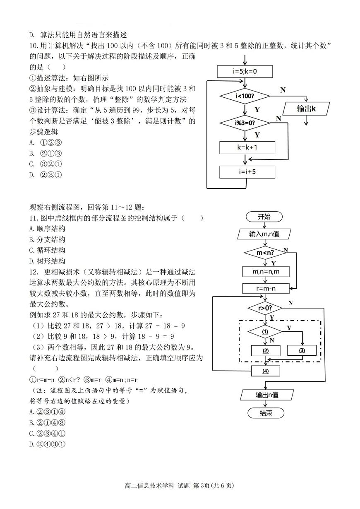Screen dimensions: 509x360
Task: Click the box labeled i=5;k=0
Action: (245, 71)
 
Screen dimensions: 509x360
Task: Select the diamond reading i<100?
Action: (245, 96)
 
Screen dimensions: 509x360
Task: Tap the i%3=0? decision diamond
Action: (245, 123)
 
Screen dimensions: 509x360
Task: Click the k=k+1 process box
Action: (247, 147)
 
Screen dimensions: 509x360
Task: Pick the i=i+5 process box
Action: (247, 171)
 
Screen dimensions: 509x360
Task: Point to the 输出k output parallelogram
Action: (306, 109)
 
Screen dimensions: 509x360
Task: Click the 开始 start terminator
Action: (264, 217)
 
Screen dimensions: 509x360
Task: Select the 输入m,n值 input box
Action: (264, 234)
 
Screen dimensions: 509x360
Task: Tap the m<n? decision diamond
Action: (265, 252)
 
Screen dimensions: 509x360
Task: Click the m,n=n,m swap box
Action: (265, 271)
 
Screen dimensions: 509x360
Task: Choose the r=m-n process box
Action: (265, 288)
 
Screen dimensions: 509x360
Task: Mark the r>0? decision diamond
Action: (265, 308)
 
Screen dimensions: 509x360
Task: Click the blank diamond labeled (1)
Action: (265, 332)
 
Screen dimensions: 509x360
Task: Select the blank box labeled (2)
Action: (265, 350)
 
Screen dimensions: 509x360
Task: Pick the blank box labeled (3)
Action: (302, 350)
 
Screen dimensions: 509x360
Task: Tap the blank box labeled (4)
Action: (265, 371)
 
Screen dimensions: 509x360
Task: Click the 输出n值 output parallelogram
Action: (267, 395)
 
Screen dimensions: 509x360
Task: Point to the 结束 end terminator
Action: (266, 413)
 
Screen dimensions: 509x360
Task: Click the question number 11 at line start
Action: (33, 218)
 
